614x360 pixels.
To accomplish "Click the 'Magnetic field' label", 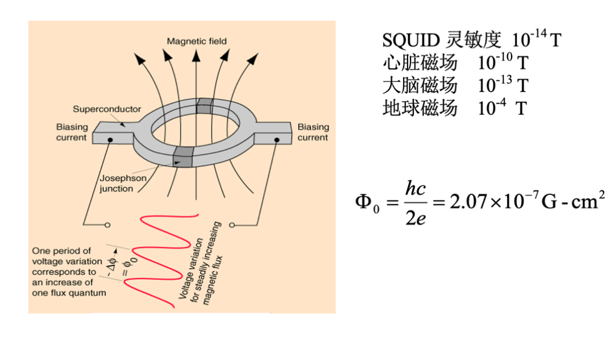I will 196,41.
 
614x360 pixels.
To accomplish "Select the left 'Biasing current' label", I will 72,132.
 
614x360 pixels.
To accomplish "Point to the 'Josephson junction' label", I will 123,184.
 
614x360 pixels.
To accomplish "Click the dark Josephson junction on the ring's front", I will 182,156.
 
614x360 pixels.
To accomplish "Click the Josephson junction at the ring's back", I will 204,105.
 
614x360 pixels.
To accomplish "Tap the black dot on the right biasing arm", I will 277,139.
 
